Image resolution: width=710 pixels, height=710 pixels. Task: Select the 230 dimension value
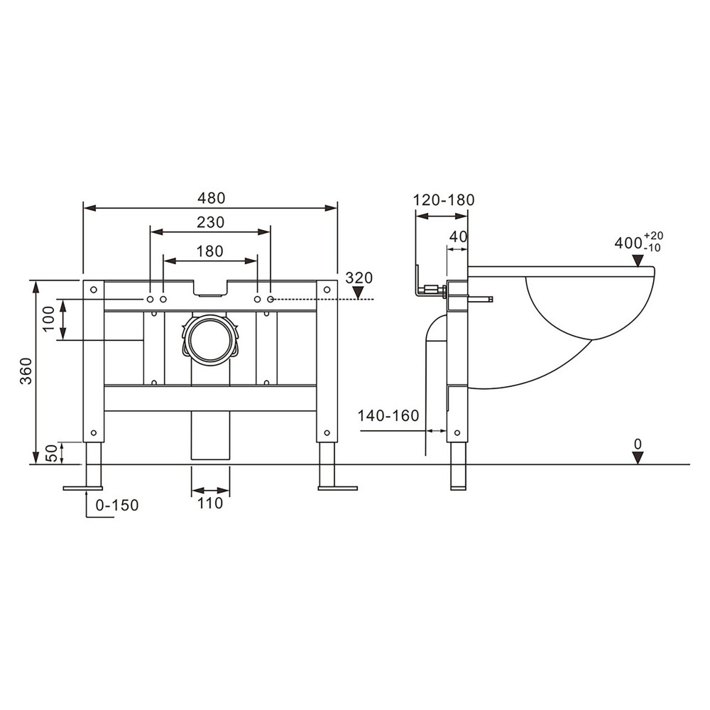210,222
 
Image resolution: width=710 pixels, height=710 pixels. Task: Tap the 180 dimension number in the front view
210,251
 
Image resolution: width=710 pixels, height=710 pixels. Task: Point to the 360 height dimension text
26,371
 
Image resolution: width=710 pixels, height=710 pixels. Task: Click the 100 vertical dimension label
48,320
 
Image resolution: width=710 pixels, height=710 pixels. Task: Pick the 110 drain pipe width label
210,503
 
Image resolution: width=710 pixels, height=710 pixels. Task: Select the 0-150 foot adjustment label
116,506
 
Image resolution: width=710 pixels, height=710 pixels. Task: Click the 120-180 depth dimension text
444,200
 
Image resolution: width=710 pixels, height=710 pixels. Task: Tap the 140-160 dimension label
388,415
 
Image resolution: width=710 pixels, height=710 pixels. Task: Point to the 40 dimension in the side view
459,237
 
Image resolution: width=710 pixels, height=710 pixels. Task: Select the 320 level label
359,278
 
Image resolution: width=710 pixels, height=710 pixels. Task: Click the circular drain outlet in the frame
211,338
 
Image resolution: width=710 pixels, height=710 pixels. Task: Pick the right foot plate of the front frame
337,488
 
